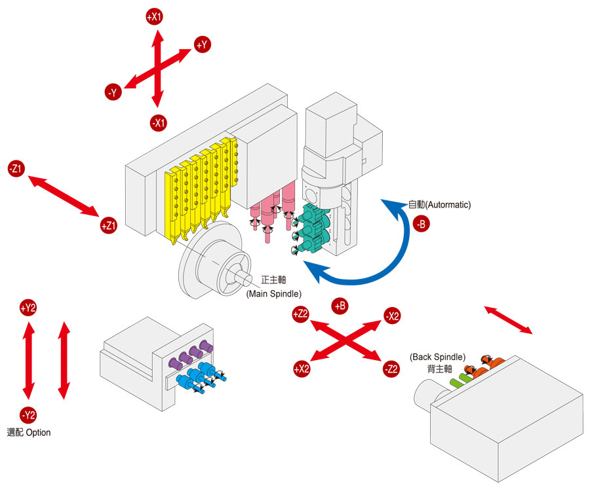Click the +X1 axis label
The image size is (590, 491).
(x=154, y=17)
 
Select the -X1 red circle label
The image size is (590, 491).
(x=159, y=122)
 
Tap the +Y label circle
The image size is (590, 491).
(x=203, y=45)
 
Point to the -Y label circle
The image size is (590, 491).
(x=113, y=92)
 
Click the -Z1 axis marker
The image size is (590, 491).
(x=16, y=169)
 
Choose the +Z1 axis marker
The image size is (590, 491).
(x=108, y=225)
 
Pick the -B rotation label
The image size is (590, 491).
(x=421, y=225)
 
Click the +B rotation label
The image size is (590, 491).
(x=340, y=306)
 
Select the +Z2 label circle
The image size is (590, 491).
(x=301, y=314)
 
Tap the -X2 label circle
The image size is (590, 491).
(x=392, y=316)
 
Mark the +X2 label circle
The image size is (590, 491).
(x=302, y=369)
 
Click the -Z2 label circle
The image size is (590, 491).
(x=391, y=369)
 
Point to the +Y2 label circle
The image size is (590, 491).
(x=28, y=308)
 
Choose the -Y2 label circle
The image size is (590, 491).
(x=28, y=415)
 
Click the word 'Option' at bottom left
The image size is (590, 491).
(x=39, y=433)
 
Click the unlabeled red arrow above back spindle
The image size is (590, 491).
(x=508, y=319)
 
